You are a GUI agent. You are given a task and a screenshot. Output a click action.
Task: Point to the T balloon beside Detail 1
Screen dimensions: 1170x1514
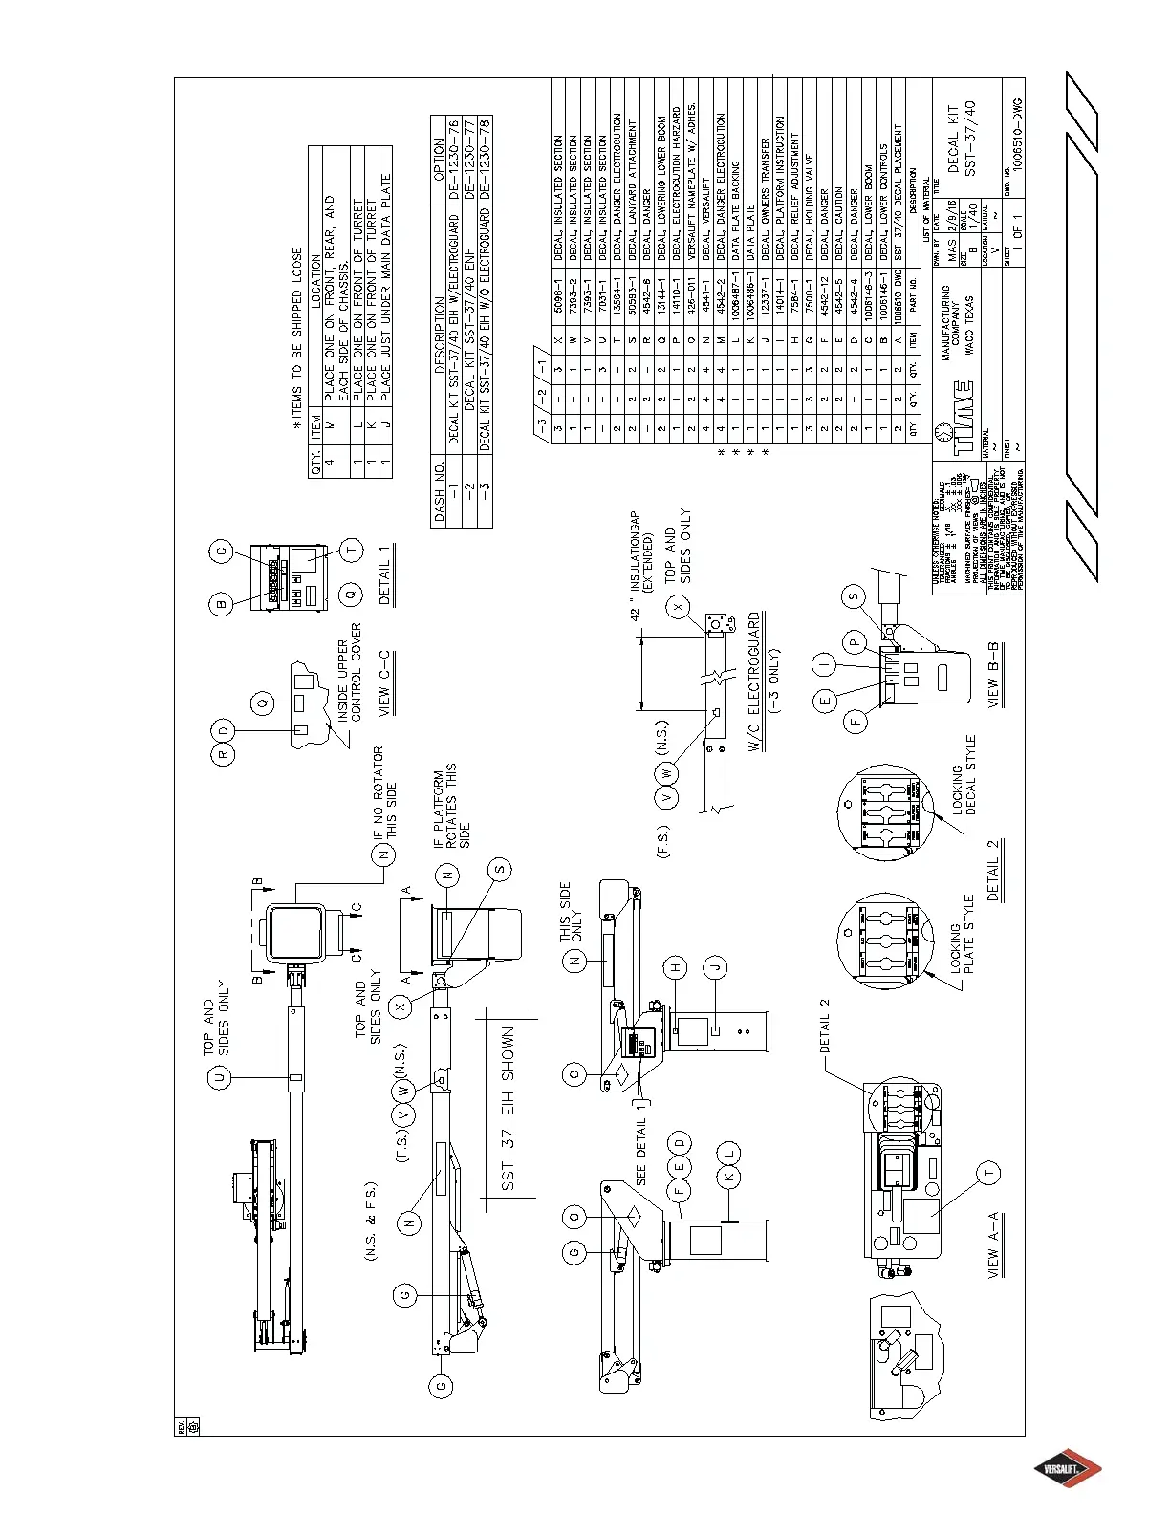pyautogui.click(x=352, y=549)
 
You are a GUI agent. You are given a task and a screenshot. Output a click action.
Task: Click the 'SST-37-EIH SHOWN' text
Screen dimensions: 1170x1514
pyautogui.click(x=509, y=1109)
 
